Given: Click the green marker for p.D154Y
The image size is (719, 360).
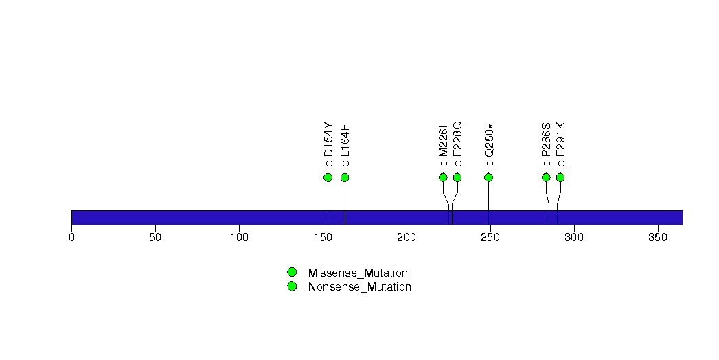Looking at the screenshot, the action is (x=328, y=177).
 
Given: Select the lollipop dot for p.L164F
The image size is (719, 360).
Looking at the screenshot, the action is (x=345, y=177).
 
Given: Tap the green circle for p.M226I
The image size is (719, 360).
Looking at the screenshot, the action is (x=443, y=177).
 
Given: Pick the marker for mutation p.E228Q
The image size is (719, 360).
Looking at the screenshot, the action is (x=457, y=177).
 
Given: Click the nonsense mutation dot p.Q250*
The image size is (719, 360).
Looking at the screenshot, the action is (x=488, y=177).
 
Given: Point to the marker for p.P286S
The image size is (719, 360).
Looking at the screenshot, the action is (x=546, y=177).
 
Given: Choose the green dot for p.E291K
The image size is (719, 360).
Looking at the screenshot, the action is (x=560, y=177).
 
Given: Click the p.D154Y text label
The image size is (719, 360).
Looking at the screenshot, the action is (x=329, y=144).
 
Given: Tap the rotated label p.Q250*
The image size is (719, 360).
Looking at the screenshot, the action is (x=490, y=146).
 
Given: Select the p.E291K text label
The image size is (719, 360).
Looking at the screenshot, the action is (x=561, y=144).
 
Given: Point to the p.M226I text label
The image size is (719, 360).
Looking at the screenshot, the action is (x=444, y=146).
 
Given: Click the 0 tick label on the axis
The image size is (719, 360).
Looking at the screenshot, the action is (x=71, y=237).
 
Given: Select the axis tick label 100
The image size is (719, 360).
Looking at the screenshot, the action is (x=240, y=237).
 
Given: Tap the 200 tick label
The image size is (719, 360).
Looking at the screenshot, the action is (x=407, y=237).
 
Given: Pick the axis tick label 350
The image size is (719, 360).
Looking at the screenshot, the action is (x=658, y=237).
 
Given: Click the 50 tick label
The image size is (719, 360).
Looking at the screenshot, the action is (x=155, y=237).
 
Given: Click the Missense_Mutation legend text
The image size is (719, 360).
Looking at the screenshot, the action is (x=358, y=273).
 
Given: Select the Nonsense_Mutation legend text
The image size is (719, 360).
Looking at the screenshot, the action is (x=360, y=287).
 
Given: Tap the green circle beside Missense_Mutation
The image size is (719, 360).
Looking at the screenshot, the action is (x=292, y=273).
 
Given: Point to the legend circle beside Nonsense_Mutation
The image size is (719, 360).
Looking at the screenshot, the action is (x=292, y=286).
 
